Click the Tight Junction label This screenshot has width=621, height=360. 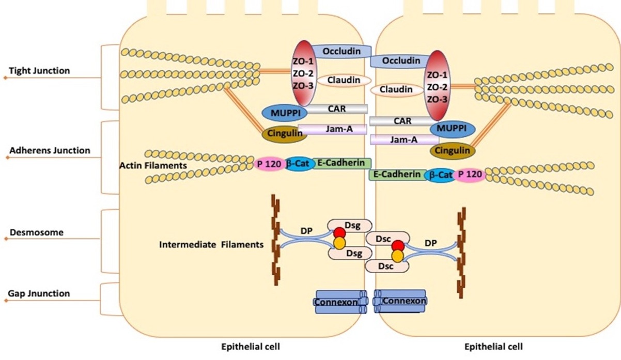pyautogui.click(x=39, y=71)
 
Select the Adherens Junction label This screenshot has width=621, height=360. pyautogui.click(x=50, y=151)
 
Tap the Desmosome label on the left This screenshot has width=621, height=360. pyautogui.click(x=36, y=232)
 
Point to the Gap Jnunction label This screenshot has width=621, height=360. pyautogui.click(x=39, y=294)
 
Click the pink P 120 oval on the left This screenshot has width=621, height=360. pyautogui.click(x=268, y=164)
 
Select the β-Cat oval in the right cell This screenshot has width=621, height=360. pyautogui.click(x=439, y=176)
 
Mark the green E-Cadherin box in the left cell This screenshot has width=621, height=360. pyautogui.click(x=341, y=163)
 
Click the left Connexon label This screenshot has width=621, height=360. pyautogui.click(x=337, y=301)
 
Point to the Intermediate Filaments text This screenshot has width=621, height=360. pyautogui.click(x=211, y=244)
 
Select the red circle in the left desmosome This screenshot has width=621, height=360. pyautogui.click(x=339, y=232)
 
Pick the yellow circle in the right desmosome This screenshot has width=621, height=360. pyautogui.click(x=397, y=256)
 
